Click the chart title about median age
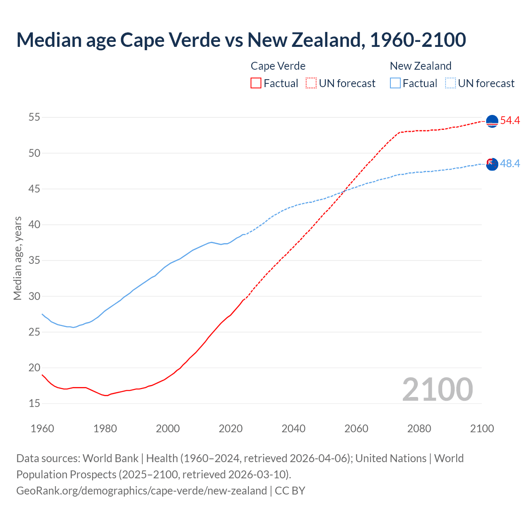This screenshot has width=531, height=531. (x=241, y=40)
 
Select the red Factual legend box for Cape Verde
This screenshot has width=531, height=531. (x=256, y=83)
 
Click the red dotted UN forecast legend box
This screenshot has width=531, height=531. (x=311, y=83)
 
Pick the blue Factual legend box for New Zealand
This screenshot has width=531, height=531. (x=395, y=83)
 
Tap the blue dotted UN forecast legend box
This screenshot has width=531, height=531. (x=451, y=83)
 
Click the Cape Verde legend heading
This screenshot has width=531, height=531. (x=278, y=66)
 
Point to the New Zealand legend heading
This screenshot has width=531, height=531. (x=420, y=66)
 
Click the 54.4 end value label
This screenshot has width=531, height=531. (x=510, y=121)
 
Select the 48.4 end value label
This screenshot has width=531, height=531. (x=510, y=164)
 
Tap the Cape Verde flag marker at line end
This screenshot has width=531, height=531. (x=492, y=121)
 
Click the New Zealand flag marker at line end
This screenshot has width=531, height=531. (x=492, y=164)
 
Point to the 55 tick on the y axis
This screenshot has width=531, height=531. (x=34, y=117)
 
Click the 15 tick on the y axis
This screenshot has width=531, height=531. (x=34, y=403)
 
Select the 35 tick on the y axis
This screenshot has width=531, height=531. (x=34, y=261)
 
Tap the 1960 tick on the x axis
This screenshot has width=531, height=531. (x=42, y=429)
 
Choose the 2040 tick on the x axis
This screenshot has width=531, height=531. (x=293, y=429)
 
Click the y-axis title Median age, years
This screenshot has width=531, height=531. (x=17, y=258)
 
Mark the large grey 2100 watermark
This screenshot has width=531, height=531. (x=437, y=390)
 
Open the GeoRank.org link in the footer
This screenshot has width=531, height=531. (x=141, y=491)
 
